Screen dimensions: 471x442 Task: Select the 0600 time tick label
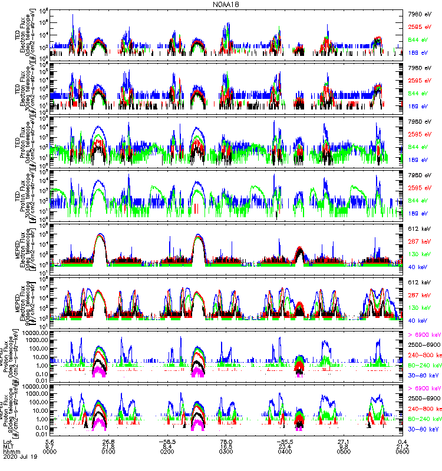point(403,453)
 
